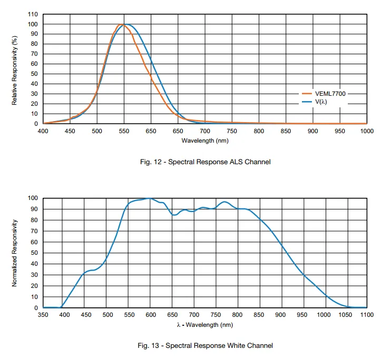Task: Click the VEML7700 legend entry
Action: (329, 94)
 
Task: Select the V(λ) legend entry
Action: (321, 102)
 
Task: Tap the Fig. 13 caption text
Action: (205, 346)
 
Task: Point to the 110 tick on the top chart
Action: (33, 14)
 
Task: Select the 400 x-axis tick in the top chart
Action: (43, 131)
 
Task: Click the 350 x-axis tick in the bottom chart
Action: (43, 315)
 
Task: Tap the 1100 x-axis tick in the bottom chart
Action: (366, 315)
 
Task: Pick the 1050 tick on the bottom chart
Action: (345, 315)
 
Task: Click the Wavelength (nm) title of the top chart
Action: (205, 141)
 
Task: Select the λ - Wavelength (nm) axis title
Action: (205, 325)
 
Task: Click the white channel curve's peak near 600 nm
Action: (150, 198)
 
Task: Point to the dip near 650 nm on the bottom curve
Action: (174, 215)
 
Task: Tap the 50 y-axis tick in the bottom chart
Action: (33, 253)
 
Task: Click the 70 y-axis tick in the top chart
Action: (33, 54)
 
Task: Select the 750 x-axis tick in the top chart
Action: (231, 131)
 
